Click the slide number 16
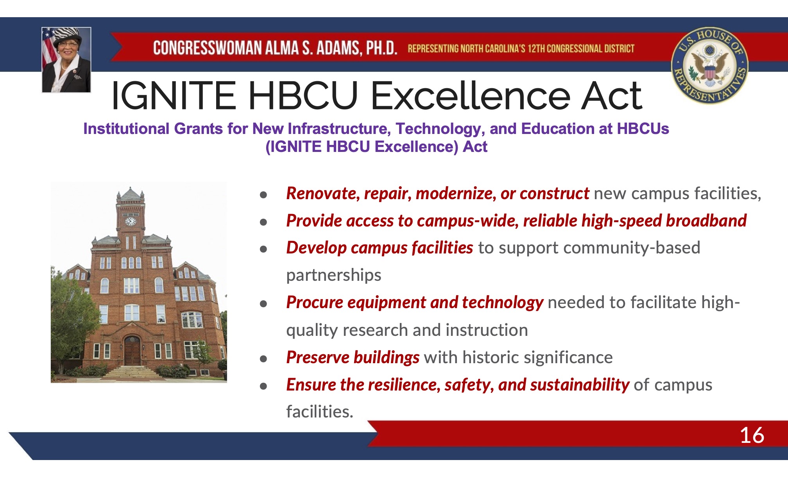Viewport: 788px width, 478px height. click(x=752, y=435)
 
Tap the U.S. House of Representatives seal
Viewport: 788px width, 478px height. click(x=709, y=65)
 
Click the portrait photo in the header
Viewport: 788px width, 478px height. click(x=66, y=60)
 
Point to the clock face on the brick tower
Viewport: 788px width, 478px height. click(x=130, y=221)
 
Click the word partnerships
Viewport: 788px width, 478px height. click(x=333, y=275)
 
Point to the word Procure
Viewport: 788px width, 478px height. click(x=315, y=303)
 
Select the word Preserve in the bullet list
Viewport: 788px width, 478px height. click(x=318, y=357)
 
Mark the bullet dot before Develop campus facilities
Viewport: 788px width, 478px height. click(x=263, y=249)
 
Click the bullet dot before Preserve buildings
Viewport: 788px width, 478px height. click(x=263, y=358)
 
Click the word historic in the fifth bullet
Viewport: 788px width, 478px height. click(x=485, y=357)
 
